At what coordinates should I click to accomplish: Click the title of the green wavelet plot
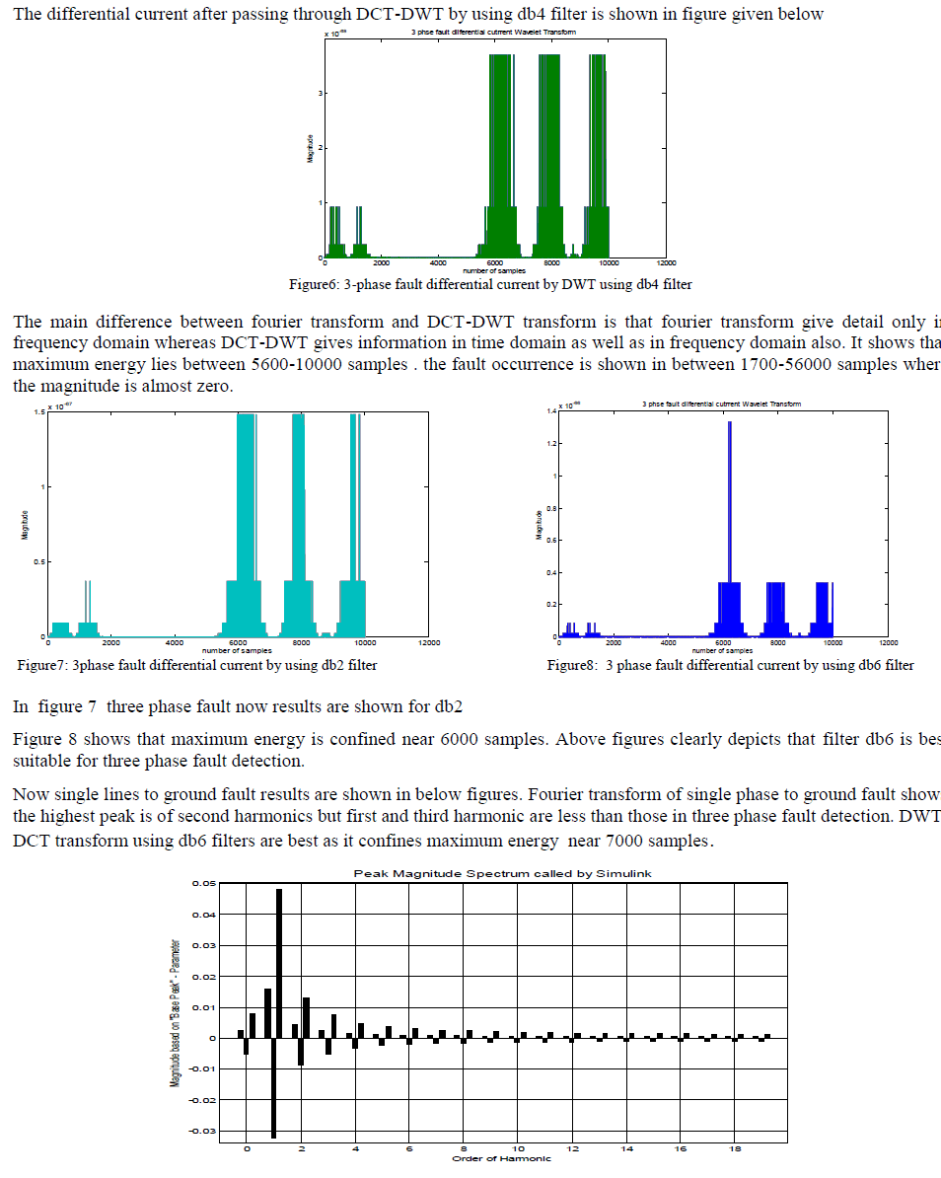point(493,33)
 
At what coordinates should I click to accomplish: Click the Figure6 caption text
point(489,284)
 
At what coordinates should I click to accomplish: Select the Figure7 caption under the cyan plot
point(197,665)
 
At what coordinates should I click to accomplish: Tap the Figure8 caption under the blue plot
point(730,665)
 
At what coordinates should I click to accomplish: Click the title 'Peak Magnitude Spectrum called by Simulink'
point(502,874)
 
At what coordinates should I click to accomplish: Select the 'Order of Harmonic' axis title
point(501,1157)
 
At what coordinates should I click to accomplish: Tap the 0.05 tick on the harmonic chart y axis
point(203,884)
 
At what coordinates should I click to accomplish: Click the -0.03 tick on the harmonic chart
point(201,1131)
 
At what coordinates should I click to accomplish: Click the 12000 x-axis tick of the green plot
point(666,263)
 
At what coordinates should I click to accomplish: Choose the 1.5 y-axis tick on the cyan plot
point(37,411)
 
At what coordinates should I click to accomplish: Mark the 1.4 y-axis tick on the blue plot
point(553,411)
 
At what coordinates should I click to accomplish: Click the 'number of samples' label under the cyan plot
point(237,650)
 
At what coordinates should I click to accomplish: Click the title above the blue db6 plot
point(721,404)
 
